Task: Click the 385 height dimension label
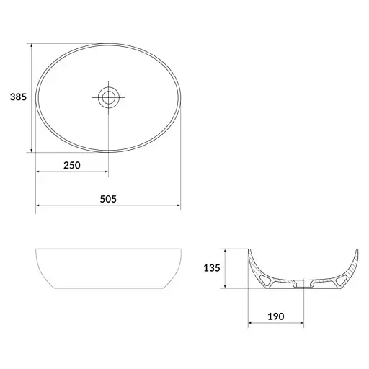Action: [18, 97]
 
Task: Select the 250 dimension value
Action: [72, 165]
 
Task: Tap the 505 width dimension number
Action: [108, 199]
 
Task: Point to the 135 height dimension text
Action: [212, 268]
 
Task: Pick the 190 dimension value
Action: [276, 316]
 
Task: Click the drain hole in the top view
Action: [109, 97]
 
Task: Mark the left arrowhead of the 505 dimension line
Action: [37, 205]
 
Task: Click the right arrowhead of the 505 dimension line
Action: [179, 205]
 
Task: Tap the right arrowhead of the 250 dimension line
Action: [107, 172]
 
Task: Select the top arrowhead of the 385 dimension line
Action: [32, 45]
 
